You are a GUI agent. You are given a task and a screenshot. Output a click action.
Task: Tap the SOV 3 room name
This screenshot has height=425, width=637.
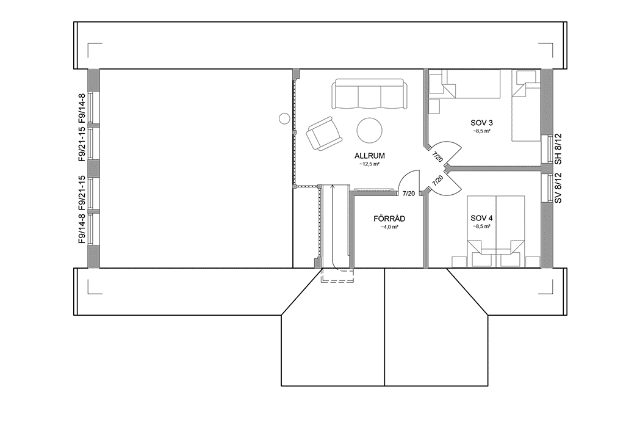481,122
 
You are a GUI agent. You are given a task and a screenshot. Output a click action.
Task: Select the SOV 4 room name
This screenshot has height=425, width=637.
481,218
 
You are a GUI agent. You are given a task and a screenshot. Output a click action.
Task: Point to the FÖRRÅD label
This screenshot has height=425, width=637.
389,218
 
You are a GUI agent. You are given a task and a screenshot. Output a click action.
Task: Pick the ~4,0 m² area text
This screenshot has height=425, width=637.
389,227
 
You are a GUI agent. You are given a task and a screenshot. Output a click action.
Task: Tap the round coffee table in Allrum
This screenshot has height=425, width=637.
370,130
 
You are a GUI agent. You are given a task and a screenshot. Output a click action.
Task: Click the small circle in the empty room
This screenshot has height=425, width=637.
284,118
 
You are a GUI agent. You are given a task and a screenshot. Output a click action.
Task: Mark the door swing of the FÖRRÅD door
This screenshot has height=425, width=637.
406,180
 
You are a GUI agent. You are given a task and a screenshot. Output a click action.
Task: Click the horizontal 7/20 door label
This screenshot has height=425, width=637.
409,194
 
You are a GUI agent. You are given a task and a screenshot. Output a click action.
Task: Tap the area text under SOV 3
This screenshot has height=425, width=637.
481,131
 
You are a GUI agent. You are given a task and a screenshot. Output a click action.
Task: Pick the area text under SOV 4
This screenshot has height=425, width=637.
481,227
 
